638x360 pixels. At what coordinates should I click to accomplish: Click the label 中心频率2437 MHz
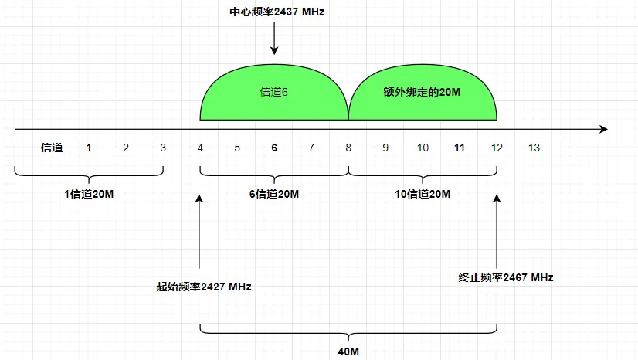pyautogui.click(x=274, y=13)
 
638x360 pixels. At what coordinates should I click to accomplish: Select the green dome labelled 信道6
pyautogui.click(x=274, y=92)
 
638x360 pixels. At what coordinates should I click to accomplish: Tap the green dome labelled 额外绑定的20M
pyautogui.click(x=422, y=92)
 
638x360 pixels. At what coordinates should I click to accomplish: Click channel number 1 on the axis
pyautogui.click(x=89, y=148)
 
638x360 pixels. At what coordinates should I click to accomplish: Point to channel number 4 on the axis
pyautogui.click(x=200, y=148)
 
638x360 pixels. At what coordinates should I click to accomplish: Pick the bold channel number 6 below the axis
pyautogui.click(x=274, y=148)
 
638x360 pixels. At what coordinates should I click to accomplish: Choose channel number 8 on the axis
pyautogui.click(x=348, y=148)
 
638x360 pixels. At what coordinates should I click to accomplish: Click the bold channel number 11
pyautogui.click(x=459, y=148)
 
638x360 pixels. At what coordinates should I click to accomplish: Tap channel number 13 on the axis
pyautogui.click(x=533, y=148)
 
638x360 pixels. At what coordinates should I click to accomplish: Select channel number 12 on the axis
pyautogui.click(x=496, y=148)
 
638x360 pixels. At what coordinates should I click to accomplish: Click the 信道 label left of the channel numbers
pyautogui.click(x=52, y=148)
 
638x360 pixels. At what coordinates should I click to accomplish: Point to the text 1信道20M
pyautogui.click(x=89, y=194)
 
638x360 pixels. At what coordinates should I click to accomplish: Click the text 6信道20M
pyautogui.click(x=274, y=194)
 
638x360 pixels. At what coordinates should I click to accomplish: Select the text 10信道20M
pyautogui.click(x=423, y=194)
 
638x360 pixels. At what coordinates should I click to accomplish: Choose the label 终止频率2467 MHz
pyautogui.click(x=506, y=277)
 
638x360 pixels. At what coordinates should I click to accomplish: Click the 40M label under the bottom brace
pyautogui.click(x=348, y=352)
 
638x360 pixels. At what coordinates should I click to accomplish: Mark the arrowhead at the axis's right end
pyautogui.click(x=603, y=129)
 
